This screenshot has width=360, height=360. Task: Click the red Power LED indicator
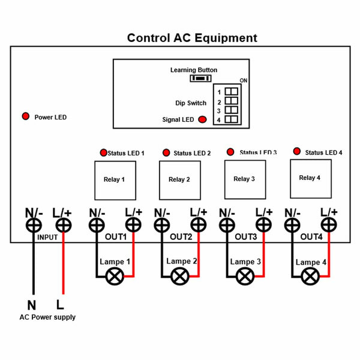(x=25, y=116)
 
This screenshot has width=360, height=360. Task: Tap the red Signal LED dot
(x=202, y=119)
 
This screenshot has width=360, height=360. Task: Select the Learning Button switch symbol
(x=200, y=79)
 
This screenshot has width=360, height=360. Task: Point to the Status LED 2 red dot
(x=166, y=152)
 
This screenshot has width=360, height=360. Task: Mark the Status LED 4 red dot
(x=297, y=151)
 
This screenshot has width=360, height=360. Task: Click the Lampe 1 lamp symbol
(x=115, y=277)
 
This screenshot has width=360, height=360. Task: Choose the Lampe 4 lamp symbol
(x=310, y=277)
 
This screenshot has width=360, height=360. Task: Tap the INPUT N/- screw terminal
(x=34, y=225)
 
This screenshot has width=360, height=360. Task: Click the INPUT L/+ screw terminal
(x=64, y=225)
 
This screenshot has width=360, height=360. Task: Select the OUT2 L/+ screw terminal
(x=199, y=225)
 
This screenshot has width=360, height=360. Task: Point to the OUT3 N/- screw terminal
(x=227, y=225)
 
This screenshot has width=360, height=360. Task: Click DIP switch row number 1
(x=219, y=92)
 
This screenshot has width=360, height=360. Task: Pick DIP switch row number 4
(x=219, y=120)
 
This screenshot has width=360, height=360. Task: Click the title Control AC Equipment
(x=192, y=38)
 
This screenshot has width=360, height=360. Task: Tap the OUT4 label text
(x=311, y=237)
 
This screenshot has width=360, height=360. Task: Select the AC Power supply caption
(x=47, y=317)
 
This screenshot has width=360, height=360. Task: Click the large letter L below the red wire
(x=60, y=305)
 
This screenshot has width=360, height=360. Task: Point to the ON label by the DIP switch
(x=244, y=80)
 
